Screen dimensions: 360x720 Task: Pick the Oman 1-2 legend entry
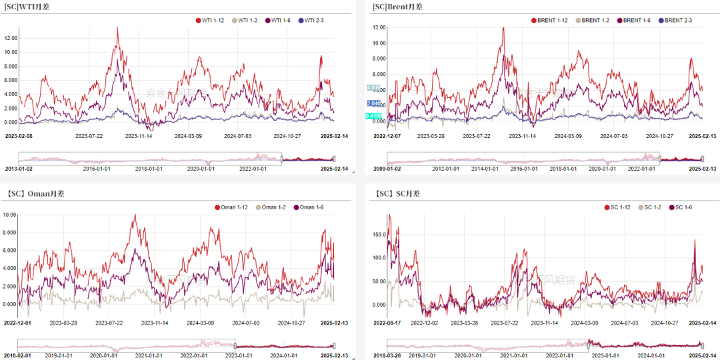click(x=274, y=207)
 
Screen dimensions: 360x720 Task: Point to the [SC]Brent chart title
click(x=397, y=7)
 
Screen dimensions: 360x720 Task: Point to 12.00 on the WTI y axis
click(x=11, y=37)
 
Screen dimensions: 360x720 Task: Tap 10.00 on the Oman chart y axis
click(x=9, y=215)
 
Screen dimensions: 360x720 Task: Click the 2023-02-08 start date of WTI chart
click(x=19, y=136)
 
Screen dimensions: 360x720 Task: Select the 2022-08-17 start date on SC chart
click(x=389, y=323)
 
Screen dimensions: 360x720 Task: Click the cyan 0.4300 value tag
click(x=373, y=116)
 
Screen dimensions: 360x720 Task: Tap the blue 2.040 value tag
click(x=373, y=103)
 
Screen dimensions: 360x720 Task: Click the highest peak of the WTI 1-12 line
click(x=117, y=28)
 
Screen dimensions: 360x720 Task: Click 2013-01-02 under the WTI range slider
click(x=19, y=169)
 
